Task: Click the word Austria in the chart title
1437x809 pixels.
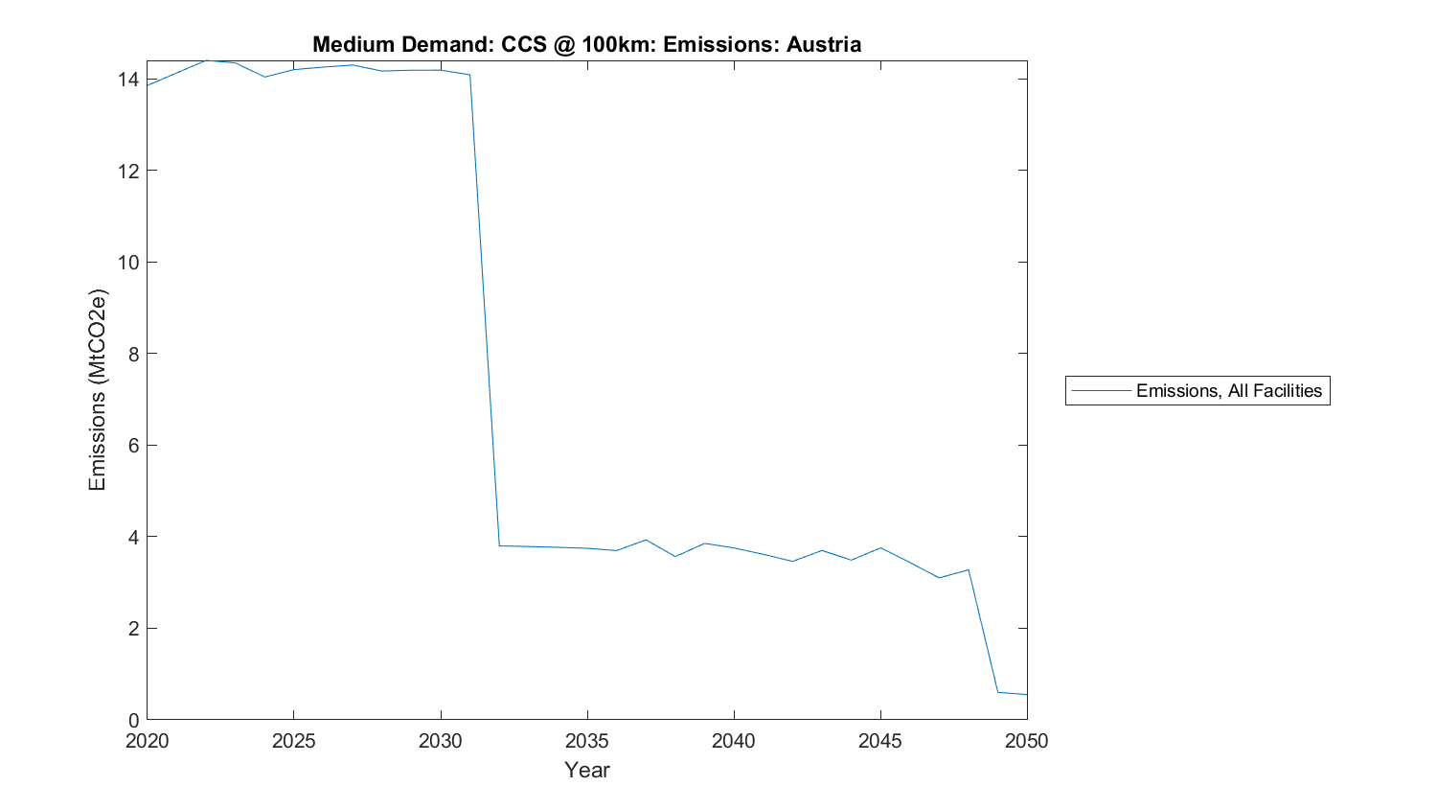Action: [x=824, y=44]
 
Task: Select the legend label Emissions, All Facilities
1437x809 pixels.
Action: [x=1228, y=391]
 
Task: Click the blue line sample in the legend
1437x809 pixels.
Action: [x=1101, y=391]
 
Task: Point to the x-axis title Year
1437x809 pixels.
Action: [x=586, y=770]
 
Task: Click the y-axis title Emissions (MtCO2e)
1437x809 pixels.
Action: [x=97, y=389]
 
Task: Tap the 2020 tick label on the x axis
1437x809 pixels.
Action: [x=147, y=741]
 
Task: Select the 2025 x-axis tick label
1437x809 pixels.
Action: [x=293, y=741]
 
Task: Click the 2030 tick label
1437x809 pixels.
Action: [x=440, y=741]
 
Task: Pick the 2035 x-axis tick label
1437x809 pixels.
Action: [x=586, y=741]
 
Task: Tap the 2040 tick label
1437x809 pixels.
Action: [x=733, y=741]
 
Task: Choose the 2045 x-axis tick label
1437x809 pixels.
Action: [x=879, y=741]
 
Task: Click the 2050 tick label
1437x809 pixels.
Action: [x=1027, y=741]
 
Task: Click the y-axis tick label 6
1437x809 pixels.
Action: [x=133, y=445]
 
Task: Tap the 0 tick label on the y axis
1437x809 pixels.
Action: [x=133, y=720]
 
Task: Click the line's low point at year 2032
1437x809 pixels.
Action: [x=499, y=545]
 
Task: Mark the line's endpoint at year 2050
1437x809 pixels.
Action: [x=1027, y=694]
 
